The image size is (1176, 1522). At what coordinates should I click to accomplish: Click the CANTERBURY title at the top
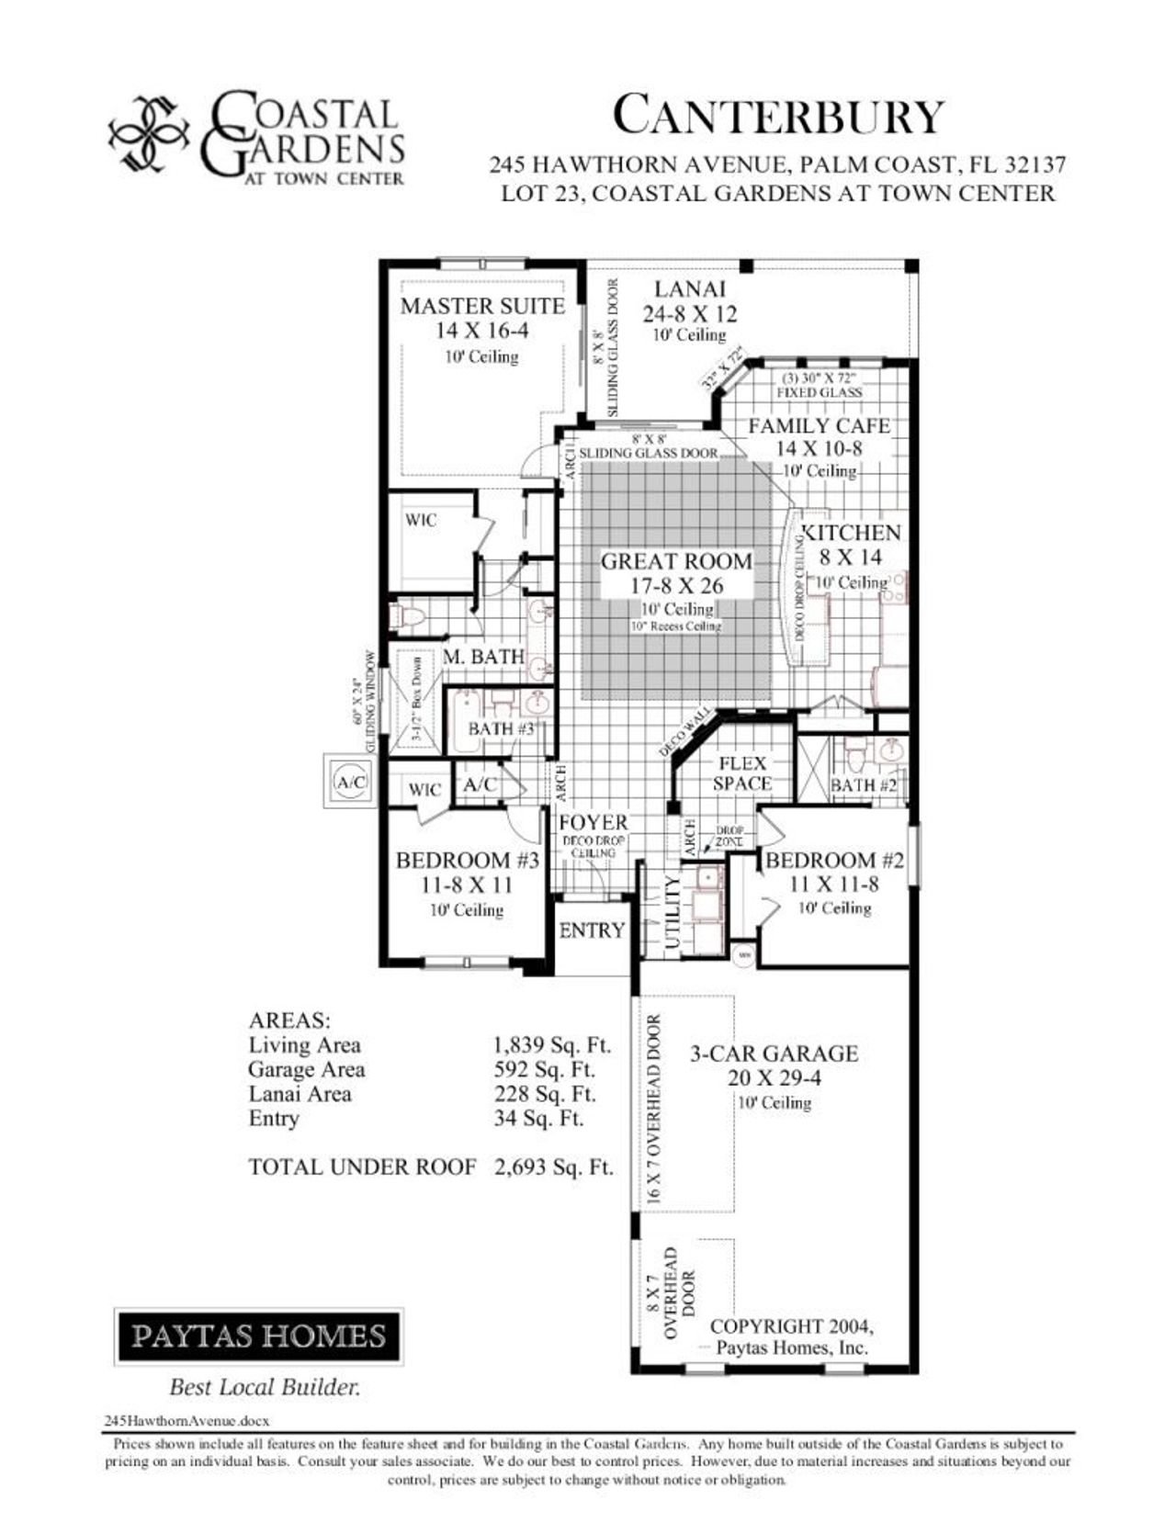pos(778,117)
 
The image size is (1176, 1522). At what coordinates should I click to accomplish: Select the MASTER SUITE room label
pos(482,306)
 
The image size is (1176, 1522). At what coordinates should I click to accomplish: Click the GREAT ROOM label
pos(676,561)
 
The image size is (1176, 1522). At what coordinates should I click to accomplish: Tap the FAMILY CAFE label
pos(819,426)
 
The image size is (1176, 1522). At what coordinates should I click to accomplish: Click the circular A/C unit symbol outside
pos(350,783)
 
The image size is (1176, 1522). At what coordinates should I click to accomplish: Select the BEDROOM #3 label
pos(467,861)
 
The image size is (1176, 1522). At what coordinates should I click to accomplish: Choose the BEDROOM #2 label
pos(834,861)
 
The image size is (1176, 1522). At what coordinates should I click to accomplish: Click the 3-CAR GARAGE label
pos(774,1054)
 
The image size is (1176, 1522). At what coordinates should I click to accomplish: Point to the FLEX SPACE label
pos(742,773)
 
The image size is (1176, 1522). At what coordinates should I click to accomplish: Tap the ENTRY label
pos(592,930)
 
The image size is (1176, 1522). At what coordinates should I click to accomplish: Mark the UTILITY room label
pos(672,913)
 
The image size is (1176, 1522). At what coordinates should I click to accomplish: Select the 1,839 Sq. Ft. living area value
pos(552,1045)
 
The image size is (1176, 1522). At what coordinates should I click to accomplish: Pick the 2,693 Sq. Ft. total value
pos(553,1167)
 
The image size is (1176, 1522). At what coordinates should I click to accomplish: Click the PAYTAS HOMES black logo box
pos(258,1335)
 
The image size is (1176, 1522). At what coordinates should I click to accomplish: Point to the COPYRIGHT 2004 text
pos(792,1326)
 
